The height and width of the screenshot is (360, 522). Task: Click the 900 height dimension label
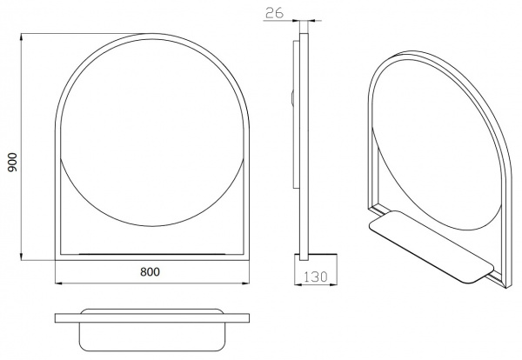pos(13,162)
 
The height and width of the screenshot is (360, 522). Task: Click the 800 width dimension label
pos(150,272)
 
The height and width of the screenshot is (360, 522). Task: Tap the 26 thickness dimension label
pos(275,13)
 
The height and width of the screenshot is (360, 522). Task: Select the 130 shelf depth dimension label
pos(315,277)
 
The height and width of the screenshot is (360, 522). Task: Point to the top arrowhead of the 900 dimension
pos(22,37)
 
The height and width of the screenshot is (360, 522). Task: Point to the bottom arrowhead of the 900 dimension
pos(22,257)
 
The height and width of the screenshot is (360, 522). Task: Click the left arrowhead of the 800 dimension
pos(58,283)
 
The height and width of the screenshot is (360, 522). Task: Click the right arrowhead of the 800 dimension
pos(245,283)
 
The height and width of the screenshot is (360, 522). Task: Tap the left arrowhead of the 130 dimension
pos(298,284)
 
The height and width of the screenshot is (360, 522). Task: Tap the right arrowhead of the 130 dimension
pos(333,284)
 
